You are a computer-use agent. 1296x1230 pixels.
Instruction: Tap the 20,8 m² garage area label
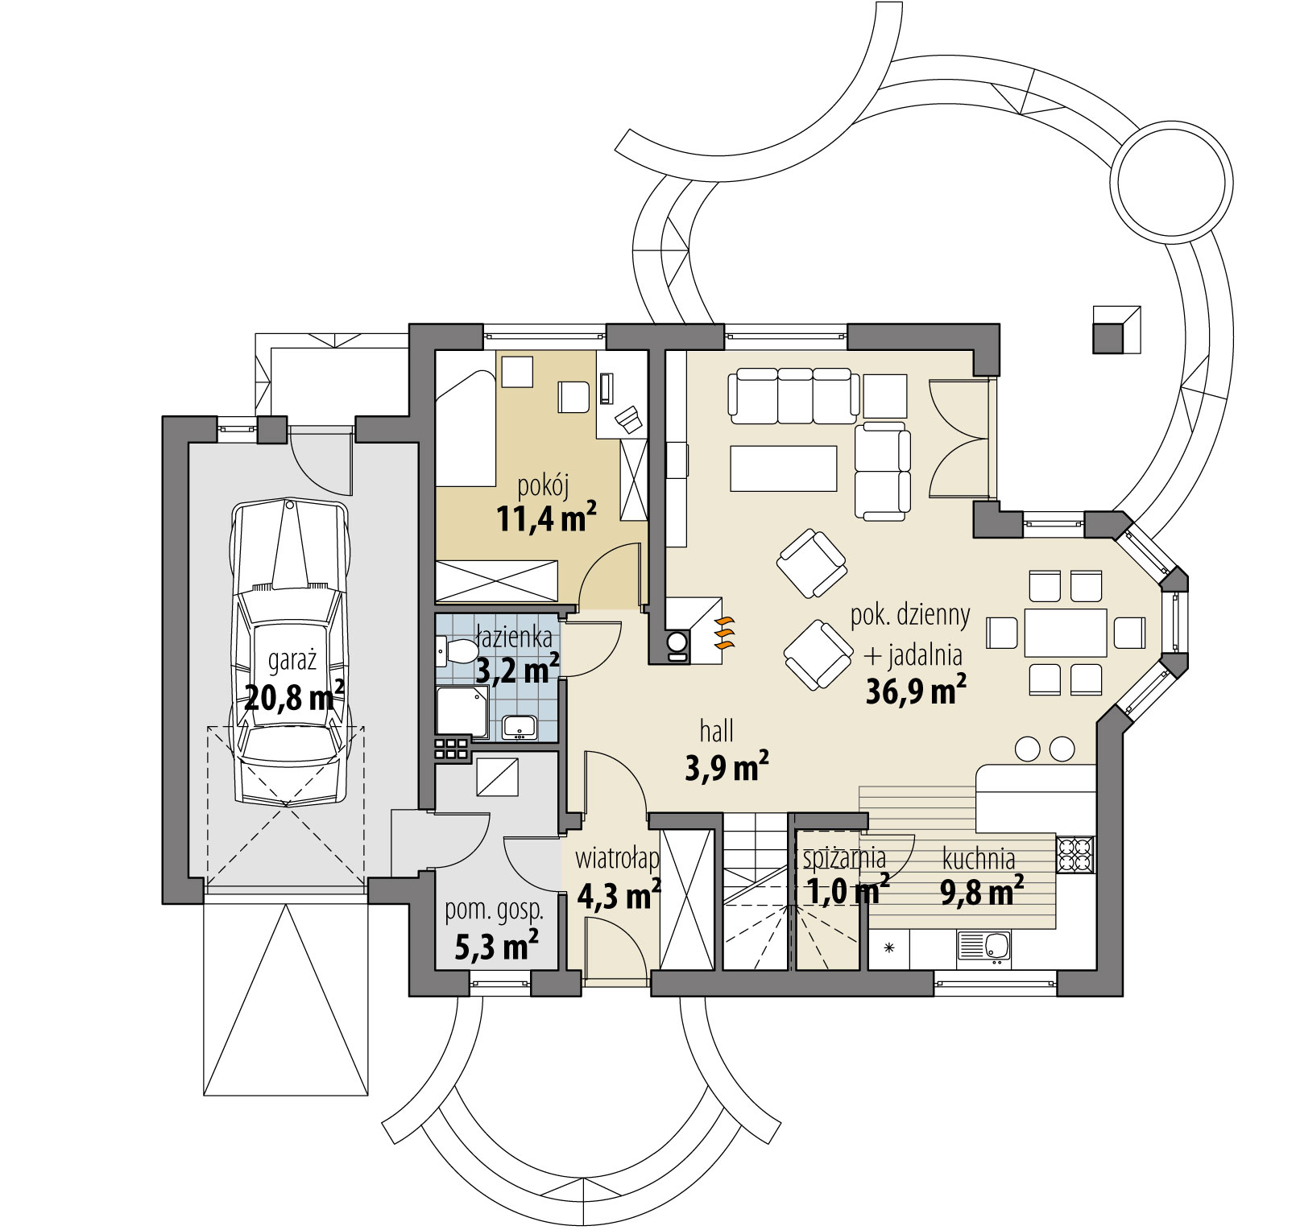click(294, 696)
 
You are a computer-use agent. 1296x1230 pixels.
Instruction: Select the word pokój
click(543, 486)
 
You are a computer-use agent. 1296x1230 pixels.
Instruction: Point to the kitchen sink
click(984, 947)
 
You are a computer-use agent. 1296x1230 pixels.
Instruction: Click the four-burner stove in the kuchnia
click(1075, 854)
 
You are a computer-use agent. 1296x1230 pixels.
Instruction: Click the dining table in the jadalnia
click(1066, 633)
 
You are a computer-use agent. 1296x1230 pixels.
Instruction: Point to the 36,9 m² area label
click(916, 691)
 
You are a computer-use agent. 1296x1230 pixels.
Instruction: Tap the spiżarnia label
click(844, 858)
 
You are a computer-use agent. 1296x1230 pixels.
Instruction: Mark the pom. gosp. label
click(495, 910)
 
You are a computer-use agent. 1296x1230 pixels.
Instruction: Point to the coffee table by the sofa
click(784, 468)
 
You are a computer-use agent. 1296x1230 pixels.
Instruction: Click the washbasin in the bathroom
click(520, 727)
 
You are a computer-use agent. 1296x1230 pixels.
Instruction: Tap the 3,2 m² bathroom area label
click(518, 669)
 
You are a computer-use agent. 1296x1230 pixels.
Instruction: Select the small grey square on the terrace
click(1108, 338)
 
